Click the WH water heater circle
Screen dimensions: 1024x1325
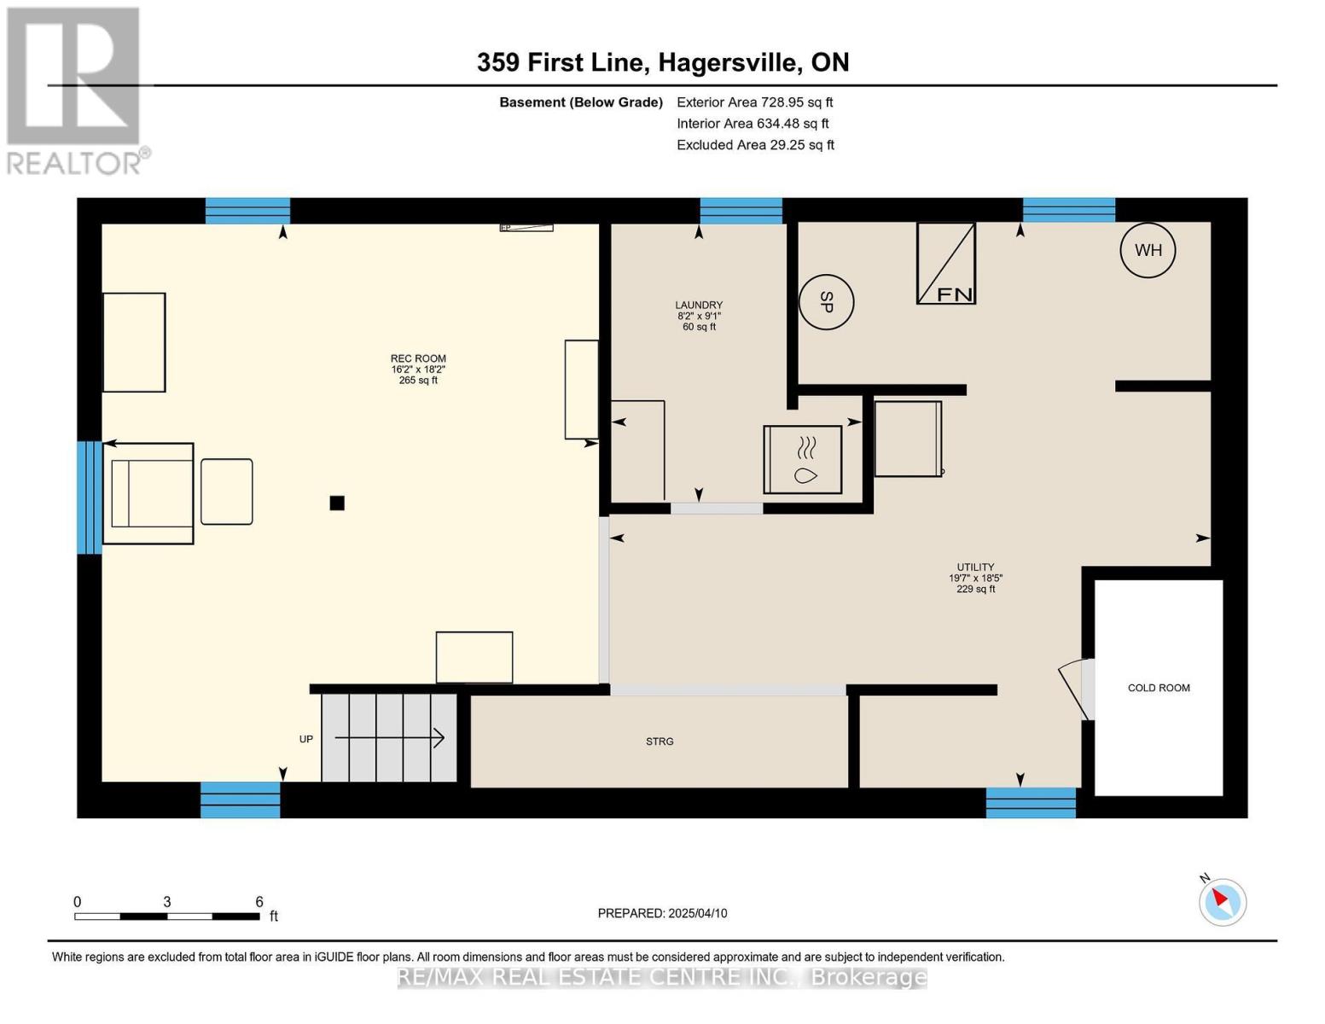(1148, 250)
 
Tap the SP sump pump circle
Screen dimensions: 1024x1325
(826, 301)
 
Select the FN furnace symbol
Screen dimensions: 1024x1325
(946, 264)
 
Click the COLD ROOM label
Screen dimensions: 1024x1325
(1158, 688)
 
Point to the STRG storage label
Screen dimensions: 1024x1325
(660, 742)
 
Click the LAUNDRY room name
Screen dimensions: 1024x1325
(699, 305)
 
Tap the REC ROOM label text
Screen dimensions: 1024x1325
(418, 358)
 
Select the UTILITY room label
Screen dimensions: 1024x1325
(975, 567)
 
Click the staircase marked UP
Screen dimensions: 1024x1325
(389, 738)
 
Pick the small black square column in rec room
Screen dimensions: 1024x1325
(337, 503)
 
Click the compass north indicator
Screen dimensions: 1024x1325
(1222, 901)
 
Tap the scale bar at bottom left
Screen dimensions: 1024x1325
(167, 916)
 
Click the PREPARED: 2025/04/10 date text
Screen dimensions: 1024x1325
(662, 913)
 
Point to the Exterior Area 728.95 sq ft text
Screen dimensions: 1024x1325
(754, 102)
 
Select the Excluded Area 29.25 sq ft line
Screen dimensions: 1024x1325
(755, 145)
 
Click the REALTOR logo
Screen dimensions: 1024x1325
(75, 90)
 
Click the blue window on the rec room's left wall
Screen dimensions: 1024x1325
(89, 497)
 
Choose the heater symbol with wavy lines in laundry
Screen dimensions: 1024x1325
(803, 459)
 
